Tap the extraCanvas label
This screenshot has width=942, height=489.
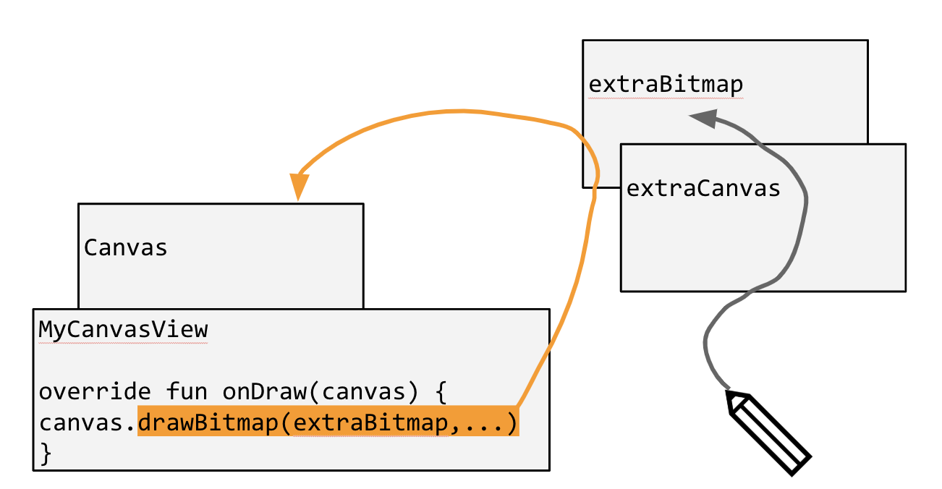(x=703, y=189)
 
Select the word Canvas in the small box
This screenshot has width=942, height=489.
(x=126, y=248)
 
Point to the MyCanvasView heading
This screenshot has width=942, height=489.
(x=123, y=330)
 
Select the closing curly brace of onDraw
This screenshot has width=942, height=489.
(x=46, y=454)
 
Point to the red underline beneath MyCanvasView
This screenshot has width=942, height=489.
(x=123, y=343)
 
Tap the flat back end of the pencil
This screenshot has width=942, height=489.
(x=799, y=467)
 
